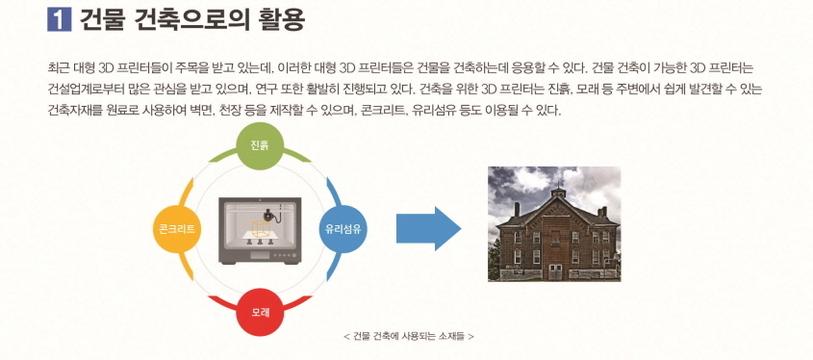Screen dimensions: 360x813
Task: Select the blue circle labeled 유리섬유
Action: (x=344, y=229)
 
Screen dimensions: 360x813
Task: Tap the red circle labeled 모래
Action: (x=261, y=312)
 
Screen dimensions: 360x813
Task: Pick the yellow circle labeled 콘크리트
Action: (x=177, y=229)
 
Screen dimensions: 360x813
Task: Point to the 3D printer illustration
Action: (x=261, y=231)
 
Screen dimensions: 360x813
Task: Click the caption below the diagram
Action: (x=408, y=336)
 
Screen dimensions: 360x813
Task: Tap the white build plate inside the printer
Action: (x=261, y=234)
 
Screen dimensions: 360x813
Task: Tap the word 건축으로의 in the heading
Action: (x=188, y=18)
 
